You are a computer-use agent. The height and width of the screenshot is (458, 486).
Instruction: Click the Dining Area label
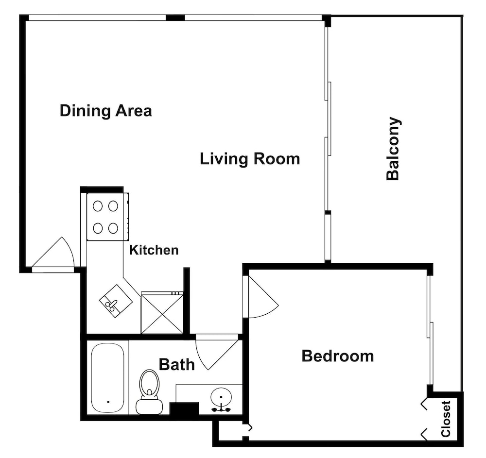pos(105,111)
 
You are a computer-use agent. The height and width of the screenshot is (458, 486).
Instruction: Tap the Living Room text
pos(250,159)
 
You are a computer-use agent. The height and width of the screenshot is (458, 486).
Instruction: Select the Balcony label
pos(393,148)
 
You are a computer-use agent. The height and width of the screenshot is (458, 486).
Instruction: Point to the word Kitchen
pos(154,250)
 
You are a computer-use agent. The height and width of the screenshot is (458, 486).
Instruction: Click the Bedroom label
pos(338,356)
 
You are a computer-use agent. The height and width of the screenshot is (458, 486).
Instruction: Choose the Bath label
pos(177,364)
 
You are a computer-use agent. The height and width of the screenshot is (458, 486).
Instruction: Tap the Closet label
pos(445,419)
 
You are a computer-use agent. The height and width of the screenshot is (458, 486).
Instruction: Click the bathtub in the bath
pos(108,378)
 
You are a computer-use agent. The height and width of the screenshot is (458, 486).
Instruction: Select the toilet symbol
pos(149,392)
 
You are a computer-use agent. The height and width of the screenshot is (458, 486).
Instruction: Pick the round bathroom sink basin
pos(221,397)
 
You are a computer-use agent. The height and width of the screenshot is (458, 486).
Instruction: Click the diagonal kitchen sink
pos(116,301)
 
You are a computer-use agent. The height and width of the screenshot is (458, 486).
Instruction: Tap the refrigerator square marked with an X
pos(162,313)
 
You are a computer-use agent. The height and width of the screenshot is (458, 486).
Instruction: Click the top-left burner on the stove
pos(98,206)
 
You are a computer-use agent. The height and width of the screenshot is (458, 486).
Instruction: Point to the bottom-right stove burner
pos(113,228)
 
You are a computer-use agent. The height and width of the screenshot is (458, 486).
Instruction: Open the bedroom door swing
pos(263,297)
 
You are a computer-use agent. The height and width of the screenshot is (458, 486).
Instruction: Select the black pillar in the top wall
pos(175,17)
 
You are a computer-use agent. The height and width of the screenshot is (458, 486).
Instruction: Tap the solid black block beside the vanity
pos(184,408)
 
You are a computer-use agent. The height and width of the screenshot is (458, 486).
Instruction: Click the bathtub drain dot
pos(108,402)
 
